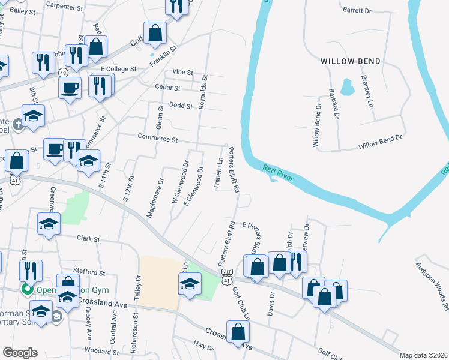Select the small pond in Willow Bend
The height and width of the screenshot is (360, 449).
pyautogui.click(x=347, y=88)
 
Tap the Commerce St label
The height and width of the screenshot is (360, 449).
pyautogui.click(x=158, y=140)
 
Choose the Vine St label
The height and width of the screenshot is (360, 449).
pyautogui.click(x=182, y=72)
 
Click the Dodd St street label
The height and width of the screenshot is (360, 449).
pyautogui.click(x=181, y=106)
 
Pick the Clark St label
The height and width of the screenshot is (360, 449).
pyautogui.click(x=88, y=238)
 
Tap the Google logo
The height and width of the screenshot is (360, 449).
pyautogui.click(x=20, y=352)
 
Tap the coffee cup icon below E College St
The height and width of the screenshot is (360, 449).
pyautogui.click(x=70, y=88)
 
